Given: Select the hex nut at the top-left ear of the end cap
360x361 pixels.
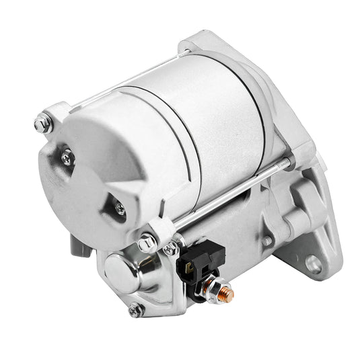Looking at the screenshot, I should pyautogui.click(x=42, y=124).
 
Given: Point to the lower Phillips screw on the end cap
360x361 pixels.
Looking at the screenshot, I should pyautogui.click(x=120, y=209).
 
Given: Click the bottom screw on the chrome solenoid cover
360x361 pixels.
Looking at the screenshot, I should pyautogui.click(x=135, y=311).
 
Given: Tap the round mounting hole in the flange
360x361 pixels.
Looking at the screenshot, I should pyautogui.click(x=313, y=263).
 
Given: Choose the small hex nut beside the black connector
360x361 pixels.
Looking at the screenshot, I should pyautogui.click(x=170, y=249).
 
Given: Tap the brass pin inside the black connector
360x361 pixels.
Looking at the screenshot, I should pyautogui.click(x=189, y=266).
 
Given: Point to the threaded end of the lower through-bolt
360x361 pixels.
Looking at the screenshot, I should pyautogui.click(x=286, y=163).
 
